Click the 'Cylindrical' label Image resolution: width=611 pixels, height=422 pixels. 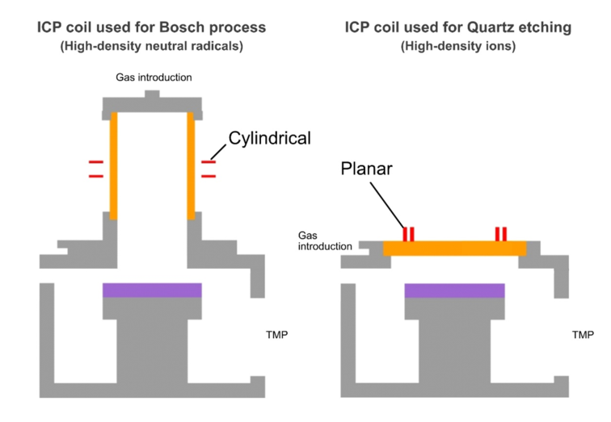click(x=269, y=139)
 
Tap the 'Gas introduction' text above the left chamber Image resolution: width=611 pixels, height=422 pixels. click(x=152, y=77)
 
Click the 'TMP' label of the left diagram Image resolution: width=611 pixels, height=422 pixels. click(x=277, y=334)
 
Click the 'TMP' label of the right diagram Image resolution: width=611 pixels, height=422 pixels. click(x=583, y=334)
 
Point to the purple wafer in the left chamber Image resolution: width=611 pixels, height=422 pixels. click(x=152, y=290)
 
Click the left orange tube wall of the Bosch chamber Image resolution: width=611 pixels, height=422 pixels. click(x=113, y=165)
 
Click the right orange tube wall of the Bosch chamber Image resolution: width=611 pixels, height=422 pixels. click(x=192, y=165)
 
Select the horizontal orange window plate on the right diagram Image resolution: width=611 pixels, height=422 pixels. click(x=454, y=248)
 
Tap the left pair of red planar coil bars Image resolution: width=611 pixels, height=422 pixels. click(x=409, y=233)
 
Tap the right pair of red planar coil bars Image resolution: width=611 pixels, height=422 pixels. click(x=501, y=233)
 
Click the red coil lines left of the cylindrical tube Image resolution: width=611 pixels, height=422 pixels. click(x=95, y=168)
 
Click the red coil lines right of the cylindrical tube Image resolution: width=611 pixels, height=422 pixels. click(x=209, y=168)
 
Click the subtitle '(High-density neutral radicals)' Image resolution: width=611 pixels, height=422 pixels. click(x=151, y=46)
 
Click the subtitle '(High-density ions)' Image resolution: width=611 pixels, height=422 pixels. click(x=458, y=46)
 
